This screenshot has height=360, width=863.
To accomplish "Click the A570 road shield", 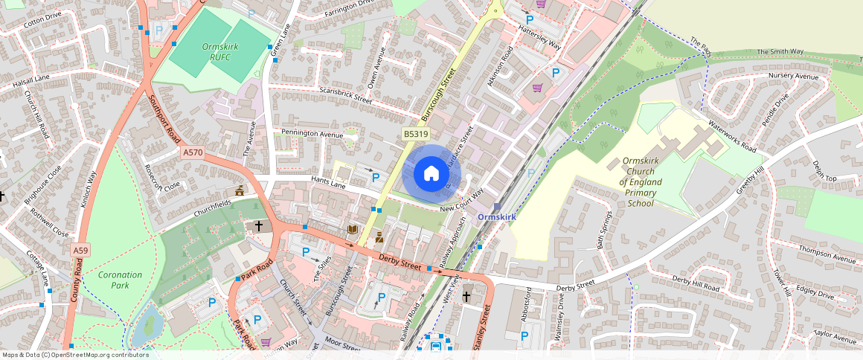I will tap(193, 152).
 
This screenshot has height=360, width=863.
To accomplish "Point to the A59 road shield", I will tap(81, 251).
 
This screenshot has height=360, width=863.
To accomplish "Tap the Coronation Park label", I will tap(121, 280).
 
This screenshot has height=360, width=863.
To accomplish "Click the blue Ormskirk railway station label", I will tap(496, 216).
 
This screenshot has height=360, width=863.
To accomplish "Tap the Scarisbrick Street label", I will tap(345, 97).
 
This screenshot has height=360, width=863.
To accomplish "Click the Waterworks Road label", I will tap(732, 136).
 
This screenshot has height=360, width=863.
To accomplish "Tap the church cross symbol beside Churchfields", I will tap(260, 225).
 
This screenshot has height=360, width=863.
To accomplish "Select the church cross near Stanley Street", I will tap(466, 296).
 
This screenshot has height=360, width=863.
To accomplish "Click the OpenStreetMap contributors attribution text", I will tap(74, 355).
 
